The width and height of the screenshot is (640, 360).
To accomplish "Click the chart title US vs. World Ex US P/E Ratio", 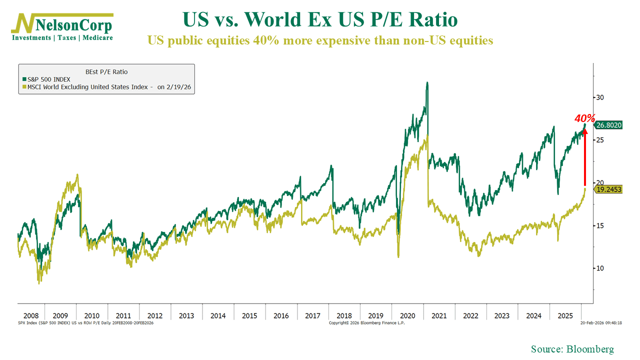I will coord(320,20).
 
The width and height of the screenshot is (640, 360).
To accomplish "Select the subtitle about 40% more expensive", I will coord(320,40).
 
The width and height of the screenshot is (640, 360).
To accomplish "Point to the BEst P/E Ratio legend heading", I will coord(106,71).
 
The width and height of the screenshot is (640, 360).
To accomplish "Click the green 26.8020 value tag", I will coord(608,125).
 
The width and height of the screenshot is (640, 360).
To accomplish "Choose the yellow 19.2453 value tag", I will coord(608,189).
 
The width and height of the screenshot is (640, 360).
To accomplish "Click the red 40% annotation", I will coord(584,118).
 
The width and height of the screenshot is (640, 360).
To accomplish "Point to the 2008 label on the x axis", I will coord(31,316).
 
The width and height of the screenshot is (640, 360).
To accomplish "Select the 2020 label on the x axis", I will coord(408,316).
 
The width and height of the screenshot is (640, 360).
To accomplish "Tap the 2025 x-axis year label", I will coord(565,316).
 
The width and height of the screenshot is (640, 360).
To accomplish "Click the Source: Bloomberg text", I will coord(572,349).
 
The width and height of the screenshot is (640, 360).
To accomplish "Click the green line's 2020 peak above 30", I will coord(427,83).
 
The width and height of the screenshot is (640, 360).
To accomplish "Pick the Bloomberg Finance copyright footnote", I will coord(366,323).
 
